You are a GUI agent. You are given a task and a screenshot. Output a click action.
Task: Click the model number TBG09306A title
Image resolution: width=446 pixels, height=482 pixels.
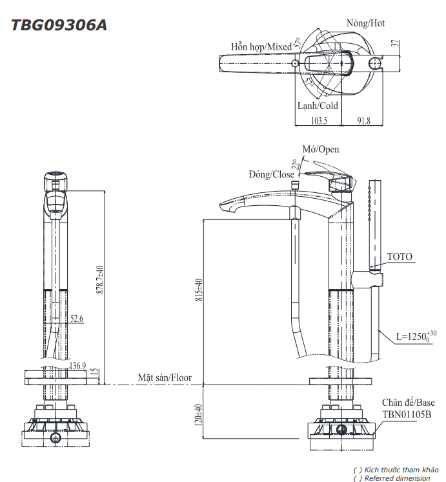tap(59, 25)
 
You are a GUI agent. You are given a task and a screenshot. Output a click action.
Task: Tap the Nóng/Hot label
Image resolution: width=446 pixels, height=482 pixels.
tap(365, 23)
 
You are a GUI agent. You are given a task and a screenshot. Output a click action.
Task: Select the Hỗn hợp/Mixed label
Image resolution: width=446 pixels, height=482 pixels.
tap(261, 47)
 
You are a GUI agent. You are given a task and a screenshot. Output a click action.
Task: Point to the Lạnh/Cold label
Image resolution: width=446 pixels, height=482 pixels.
tap(317, 106)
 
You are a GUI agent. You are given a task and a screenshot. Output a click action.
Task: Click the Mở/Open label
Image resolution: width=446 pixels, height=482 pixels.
tap(321, 149)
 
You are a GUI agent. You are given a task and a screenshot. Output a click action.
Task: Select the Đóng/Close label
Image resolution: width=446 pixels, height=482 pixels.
tap(271, 174)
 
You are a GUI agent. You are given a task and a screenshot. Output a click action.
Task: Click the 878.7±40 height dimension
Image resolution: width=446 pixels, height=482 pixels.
tap(99, 280)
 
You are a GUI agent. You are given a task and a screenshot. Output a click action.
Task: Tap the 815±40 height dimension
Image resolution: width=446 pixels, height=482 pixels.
tap(199, 294)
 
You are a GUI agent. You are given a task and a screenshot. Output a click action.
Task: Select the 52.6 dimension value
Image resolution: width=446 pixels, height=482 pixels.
tap(77, 318)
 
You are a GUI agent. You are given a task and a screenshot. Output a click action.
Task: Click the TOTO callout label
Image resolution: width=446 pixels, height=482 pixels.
tap(399, 257)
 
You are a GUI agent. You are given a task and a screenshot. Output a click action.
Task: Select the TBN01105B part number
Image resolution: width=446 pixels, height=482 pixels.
tap(407, 415)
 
